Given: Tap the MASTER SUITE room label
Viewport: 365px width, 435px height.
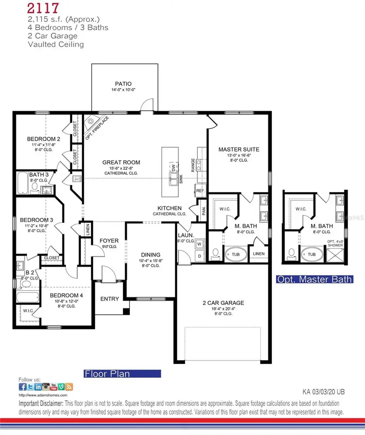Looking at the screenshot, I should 238,149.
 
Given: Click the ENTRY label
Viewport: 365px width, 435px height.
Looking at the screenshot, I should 109,299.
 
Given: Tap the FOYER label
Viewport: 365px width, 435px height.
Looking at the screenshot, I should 109,241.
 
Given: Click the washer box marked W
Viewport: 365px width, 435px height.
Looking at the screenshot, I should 200,244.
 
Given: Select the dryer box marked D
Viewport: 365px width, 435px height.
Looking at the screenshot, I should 200,256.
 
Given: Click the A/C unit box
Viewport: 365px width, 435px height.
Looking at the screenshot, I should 77,179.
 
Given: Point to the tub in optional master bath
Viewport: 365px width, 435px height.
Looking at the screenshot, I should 311,255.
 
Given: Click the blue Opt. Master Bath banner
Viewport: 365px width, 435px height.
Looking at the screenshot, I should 314,279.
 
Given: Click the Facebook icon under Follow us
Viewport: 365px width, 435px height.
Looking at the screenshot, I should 23,387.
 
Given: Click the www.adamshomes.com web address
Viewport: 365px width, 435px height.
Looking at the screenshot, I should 43,394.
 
